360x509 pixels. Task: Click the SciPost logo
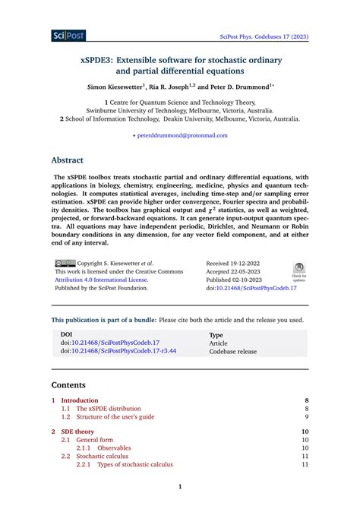[68, 35]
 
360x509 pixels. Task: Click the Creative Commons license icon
[65, 264]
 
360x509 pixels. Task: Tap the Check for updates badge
[298, 271]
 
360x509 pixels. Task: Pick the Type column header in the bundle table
[216, 334]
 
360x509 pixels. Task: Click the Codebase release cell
[232, 351]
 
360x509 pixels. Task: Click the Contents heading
[68, 385]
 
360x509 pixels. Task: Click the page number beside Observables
[305, 448]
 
